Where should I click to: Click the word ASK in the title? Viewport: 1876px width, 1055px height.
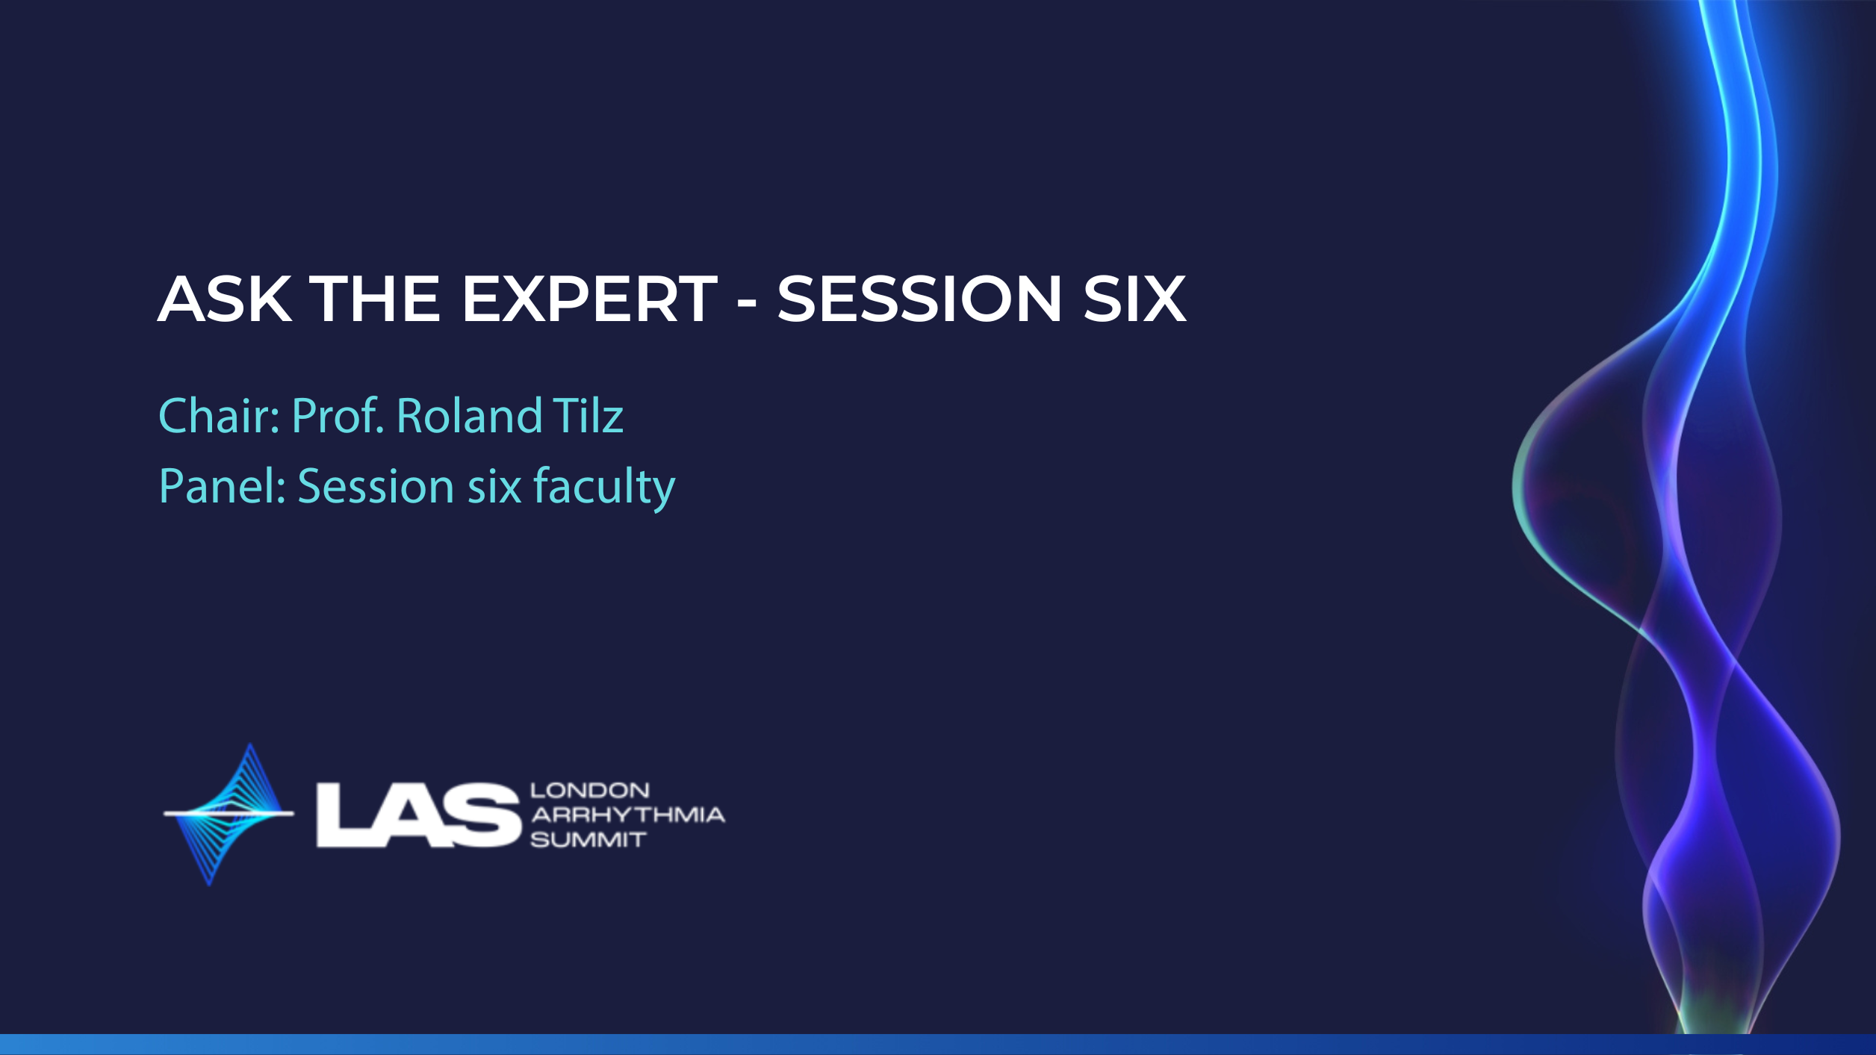225,299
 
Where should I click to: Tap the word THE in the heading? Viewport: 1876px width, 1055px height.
375,299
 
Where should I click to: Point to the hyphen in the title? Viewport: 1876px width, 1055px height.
747,303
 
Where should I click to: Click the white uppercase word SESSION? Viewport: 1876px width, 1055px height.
919,299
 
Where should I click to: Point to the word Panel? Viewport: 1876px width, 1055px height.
223,486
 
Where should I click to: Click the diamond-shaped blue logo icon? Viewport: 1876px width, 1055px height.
229,814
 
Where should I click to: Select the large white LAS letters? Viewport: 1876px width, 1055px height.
418,815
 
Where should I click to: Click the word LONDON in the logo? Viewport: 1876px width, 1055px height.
590,791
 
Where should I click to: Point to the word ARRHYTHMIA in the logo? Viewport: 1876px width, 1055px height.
627,815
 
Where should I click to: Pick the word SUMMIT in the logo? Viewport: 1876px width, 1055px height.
588,840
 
